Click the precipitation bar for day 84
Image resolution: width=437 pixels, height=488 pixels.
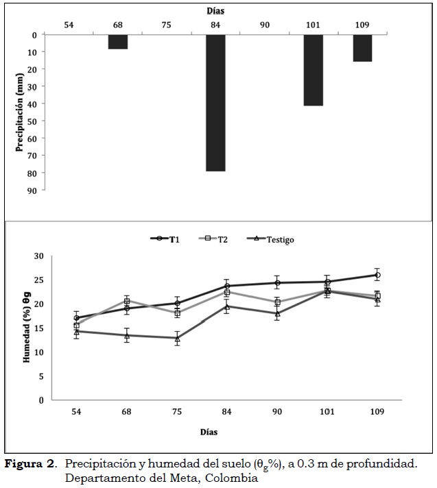click(215, 102)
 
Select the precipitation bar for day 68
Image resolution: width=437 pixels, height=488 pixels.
click(117, 42)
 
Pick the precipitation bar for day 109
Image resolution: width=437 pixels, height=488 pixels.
click(362, 48)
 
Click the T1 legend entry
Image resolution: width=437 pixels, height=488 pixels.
click(165, 239)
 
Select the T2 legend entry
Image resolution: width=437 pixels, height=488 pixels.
click(218, 239)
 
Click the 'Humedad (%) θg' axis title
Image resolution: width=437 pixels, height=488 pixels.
click(27, 328)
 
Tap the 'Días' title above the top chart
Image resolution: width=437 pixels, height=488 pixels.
click(215, 11)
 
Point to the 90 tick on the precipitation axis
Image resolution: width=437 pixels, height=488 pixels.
click(32, 189)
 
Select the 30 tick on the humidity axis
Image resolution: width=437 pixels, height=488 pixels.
click(38, 256)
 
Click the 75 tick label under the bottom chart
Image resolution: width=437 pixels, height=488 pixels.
click(177, 414)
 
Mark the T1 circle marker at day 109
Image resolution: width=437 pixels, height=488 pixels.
click(377, 275)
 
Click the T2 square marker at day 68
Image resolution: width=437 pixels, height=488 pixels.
click(127, 301)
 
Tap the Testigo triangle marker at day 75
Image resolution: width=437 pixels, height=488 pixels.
click(177, 338)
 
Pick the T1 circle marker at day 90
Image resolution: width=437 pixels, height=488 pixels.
click(277, 282)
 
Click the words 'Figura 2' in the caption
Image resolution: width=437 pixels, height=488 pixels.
click(31, 464)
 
